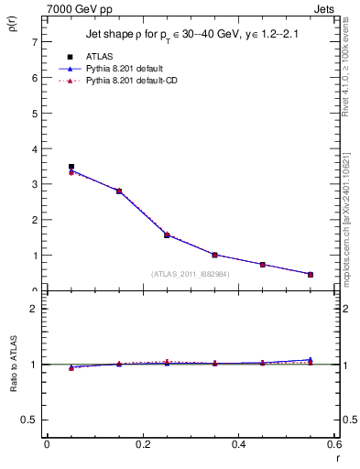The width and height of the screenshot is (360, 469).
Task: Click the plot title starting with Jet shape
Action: [191, 35]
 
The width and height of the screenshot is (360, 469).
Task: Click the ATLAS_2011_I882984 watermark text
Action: [190, 274]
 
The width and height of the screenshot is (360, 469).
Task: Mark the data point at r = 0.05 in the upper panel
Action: [71, 167]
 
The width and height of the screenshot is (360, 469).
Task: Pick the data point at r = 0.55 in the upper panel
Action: [311, 274]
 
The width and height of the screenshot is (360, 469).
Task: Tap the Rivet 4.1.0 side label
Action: [352, 87]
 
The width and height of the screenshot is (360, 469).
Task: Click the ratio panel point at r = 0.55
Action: [311, 361]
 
